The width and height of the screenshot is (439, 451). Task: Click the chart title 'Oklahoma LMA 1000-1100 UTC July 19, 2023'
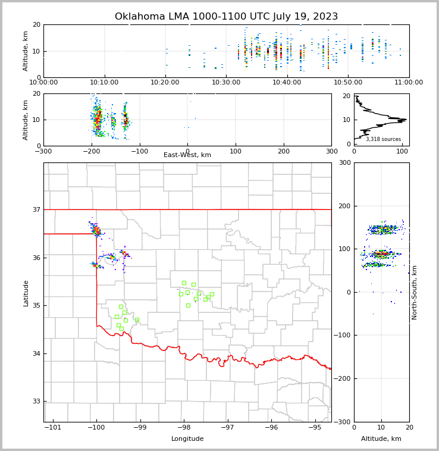pos(226,17)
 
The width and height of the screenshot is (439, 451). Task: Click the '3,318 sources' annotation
pos(383,139)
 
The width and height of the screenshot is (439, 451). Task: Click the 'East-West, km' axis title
pos(187,155)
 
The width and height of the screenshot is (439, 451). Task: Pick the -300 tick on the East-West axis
pos(43,151)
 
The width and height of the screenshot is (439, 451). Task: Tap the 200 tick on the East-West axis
pos(283,151)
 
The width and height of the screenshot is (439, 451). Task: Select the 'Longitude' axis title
pos(187,439)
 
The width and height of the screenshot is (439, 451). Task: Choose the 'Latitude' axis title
pos(26,293)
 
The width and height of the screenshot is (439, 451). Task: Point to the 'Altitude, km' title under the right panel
pos(381,439)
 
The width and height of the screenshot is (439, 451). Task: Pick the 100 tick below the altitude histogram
pos(402,151)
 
